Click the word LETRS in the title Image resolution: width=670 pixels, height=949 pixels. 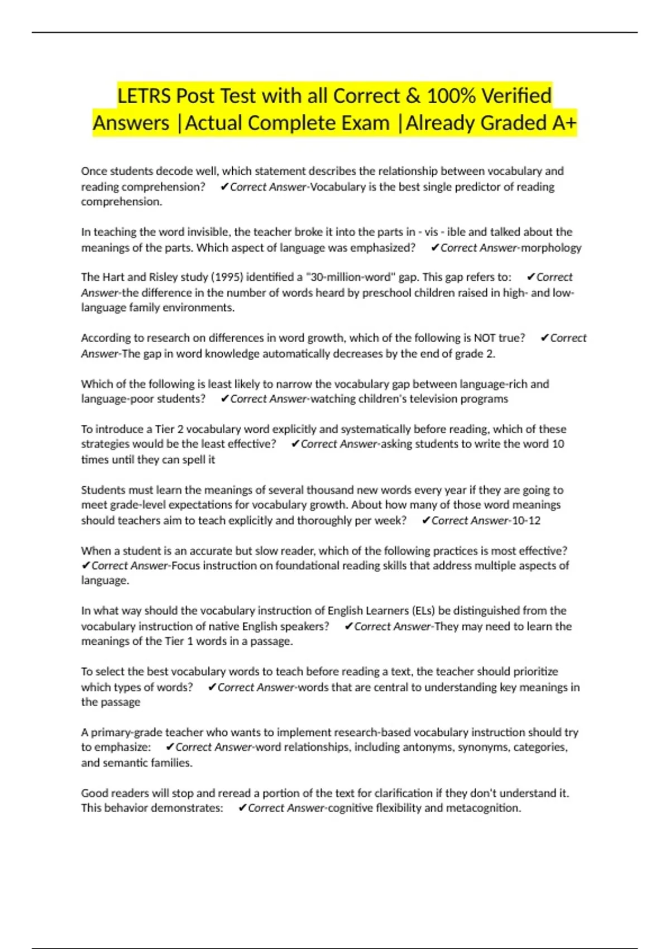coord(144,96)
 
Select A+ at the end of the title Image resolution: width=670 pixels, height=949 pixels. coord(564,123)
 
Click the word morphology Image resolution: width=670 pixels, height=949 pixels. coord(551,247)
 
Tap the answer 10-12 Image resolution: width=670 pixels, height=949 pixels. coord(526,520)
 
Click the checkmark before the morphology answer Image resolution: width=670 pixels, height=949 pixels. coord(435,247)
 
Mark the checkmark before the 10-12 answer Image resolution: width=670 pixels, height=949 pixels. coord(426,520)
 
